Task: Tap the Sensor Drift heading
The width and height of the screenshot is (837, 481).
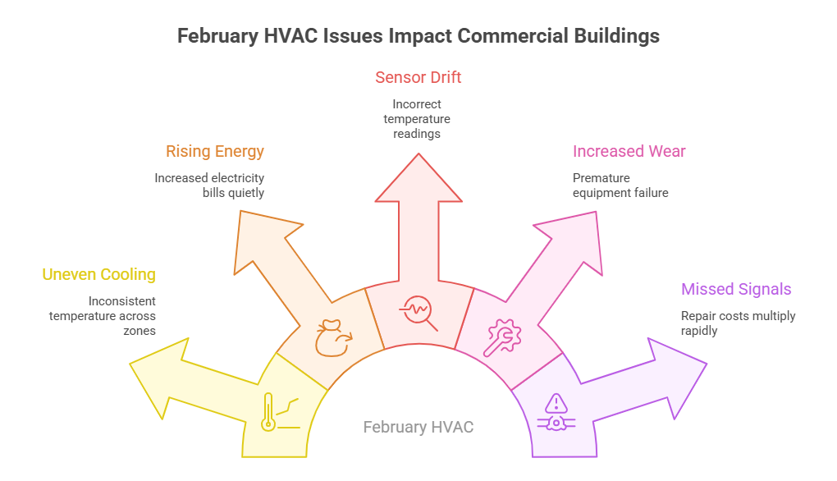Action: click(418, 78)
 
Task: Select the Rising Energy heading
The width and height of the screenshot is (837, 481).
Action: click(215, 152)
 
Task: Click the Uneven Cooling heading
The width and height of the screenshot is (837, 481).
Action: click(98, 275)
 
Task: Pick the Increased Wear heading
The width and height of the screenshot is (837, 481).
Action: click(629, 152)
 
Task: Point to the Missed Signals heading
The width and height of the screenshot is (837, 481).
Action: click(736, 289)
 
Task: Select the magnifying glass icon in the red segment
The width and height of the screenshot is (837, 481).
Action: click(418, 315)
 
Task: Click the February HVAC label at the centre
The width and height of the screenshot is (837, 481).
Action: click(418, 428)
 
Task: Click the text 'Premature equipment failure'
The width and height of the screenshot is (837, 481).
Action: click(620, 186)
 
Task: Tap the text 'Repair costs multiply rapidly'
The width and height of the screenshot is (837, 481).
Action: click(738, 323)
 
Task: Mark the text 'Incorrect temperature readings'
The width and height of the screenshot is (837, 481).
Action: click(418, 119)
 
